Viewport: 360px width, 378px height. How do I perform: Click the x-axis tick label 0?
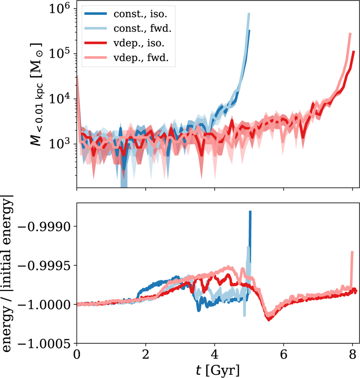(x=77, y=355)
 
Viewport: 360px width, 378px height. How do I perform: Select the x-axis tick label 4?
(x=214, y=355)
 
